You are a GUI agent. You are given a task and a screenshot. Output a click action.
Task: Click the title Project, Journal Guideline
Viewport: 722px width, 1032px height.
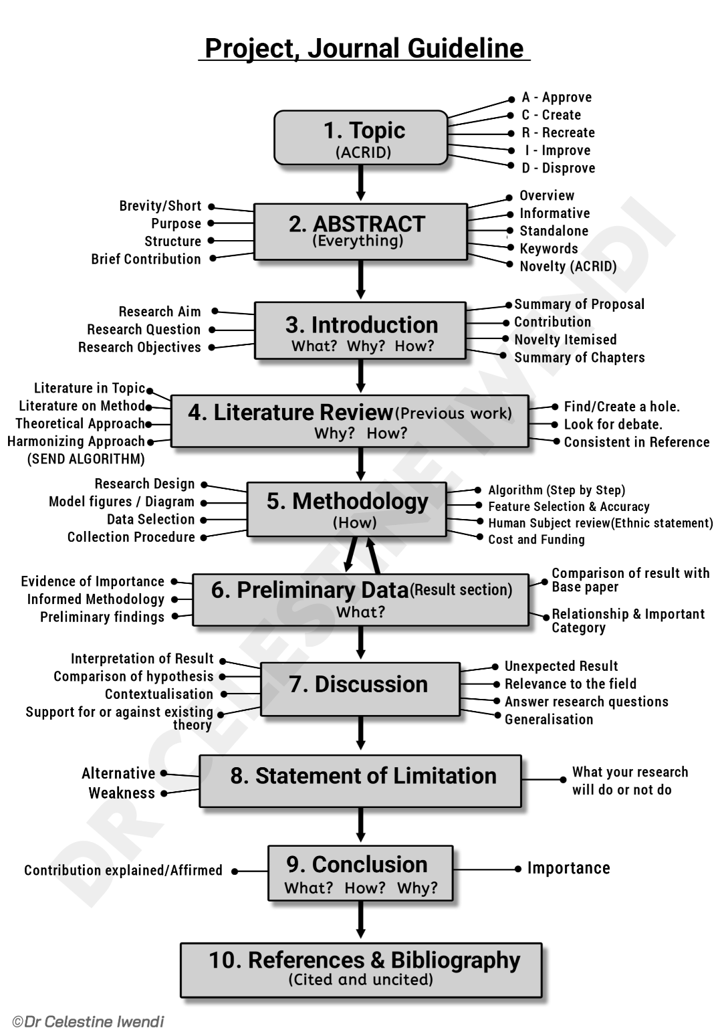pos(364,49)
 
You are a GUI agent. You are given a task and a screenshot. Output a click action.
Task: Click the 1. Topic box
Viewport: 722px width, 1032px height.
pos(361,137)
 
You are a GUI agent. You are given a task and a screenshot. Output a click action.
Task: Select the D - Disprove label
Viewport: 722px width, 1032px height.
pos(558,168)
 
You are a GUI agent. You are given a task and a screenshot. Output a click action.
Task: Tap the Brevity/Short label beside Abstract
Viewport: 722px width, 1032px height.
pos(160,206)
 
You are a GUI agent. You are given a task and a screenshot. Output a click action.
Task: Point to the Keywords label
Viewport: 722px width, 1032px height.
pos(548,249)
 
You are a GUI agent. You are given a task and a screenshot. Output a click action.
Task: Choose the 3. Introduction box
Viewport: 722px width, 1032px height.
pos(360,331)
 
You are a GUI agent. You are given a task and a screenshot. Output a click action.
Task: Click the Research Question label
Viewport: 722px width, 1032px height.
pos(144,330)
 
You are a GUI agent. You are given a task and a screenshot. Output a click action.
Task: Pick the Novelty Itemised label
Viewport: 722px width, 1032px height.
pos(565,340)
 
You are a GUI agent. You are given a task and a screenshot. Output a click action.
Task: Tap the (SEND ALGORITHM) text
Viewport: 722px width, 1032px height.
pos(86,459)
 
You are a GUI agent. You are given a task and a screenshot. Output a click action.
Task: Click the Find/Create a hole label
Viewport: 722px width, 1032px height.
pos(622,407)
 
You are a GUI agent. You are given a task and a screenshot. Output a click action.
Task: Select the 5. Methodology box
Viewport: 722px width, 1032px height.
pos(347,509)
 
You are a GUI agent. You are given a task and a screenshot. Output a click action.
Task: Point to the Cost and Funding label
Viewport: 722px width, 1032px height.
pos(536,540)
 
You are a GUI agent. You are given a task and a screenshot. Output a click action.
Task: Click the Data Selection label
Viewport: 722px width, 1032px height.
pos(150,520)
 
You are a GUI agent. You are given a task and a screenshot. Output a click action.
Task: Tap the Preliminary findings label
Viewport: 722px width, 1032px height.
pos(102,617)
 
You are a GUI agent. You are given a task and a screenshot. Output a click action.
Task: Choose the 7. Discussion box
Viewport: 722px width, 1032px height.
pos(360,690)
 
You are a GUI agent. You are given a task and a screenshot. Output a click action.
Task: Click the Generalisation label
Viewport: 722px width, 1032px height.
pos(549,720)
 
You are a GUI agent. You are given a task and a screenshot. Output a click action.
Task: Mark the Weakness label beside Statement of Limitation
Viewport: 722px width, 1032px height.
pos(122,793)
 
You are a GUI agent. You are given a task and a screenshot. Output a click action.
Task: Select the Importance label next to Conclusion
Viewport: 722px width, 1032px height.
pos(569,868)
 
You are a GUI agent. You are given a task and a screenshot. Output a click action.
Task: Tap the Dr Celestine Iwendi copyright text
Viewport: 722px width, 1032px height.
pos(88,1021)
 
